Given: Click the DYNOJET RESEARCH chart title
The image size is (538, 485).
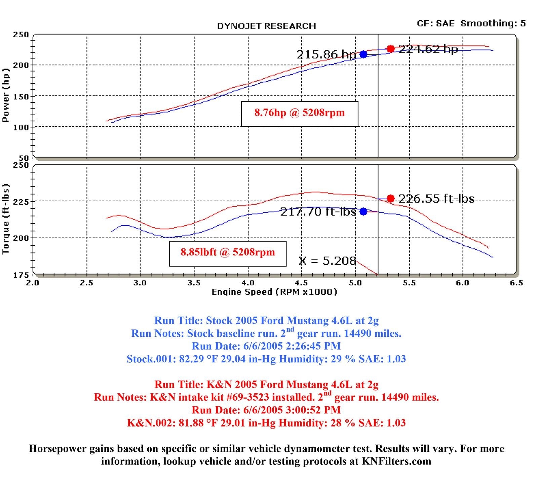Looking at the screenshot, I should point(266,26).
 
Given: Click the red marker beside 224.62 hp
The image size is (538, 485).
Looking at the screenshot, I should point(390,49).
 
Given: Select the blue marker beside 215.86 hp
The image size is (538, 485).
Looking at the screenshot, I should point(363,54).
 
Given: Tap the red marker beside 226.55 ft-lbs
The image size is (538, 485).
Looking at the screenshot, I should point(390,199).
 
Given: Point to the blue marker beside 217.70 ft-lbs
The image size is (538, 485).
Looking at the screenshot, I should point(363,211).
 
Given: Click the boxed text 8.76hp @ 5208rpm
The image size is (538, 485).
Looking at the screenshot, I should point(299,113).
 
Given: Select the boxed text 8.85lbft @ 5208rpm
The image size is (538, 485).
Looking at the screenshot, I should point(228,252).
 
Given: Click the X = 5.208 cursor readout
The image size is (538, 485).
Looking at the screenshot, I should point(327,261).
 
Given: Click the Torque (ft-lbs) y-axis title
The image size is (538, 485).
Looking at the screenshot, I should point(6,219).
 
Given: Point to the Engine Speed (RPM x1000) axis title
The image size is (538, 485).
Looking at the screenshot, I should point(274,292).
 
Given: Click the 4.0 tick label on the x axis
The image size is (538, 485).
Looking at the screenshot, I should point(248,283).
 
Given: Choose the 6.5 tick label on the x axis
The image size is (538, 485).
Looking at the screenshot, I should point(516,283).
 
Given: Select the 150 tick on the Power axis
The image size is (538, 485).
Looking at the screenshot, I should point(21,96).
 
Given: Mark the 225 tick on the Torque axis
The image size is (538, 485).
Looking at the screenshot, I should point(21,201).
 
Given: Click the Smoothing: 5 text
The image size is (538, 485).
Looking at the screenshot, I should point(493,24).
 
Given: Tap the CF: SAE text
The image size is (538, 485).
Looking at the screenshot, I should point(435,24).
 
